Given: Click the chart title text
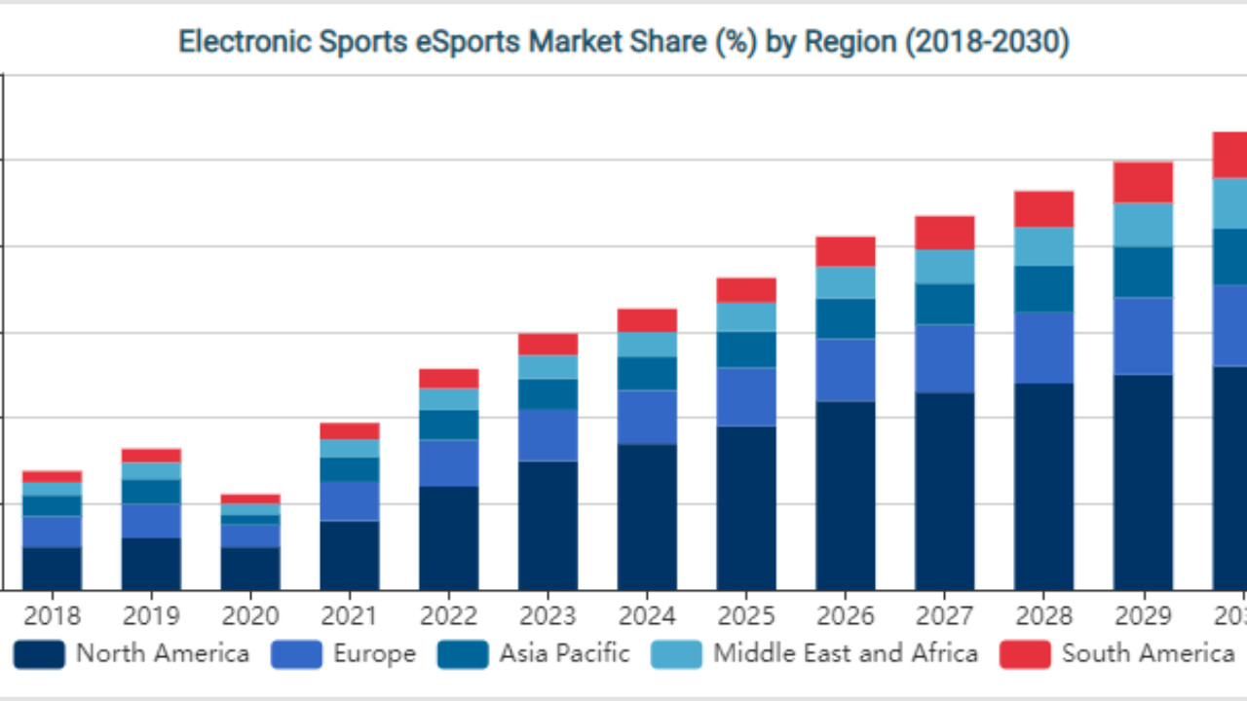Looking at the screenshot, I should (x=623, y=42).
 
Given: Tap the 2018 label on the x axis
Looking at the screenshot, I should (x=53, y=616).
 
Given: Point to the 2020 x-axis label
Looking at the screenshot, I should (x=250, y=616).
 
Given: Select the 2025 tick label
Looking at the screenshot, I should (x=746, y=616).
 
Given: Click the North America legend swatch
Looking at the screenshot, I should (x=40, y=653).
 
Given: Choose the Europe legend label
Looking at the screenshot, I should (x=374, y=653).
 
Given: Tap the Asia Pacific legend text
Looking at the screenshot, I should (x=564, y=653).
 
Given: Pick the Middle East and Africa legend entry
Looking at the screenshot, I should (x=845, y=653).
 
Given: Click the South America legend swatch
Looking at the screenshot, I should (x=1025, y=653).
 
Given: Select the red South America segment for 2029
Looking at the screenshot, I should (x=1143, y=182).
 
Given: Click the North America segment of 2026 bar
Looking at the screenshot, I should (x=846, y=495).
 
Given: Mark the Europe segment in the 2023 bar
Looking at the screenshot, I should (x=548, y=434).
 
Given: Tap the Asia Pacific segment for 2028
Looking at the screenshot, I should (x=1043, y=289).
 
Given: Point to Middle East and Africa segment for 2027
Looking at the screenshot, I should (x=944, y=267).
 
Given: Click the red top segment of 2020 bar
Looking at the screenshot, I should (x=250, y=498).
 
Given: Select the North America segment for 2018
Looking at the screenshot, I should (x=53, y=569).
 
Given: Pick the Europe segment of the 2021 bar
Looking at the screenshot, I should (x=350, y=500).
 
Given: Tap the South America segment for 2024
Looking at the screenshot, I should (x=647, y=320).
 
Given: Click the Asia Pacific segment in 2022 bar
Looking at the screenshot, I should (x=449, y=424).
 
